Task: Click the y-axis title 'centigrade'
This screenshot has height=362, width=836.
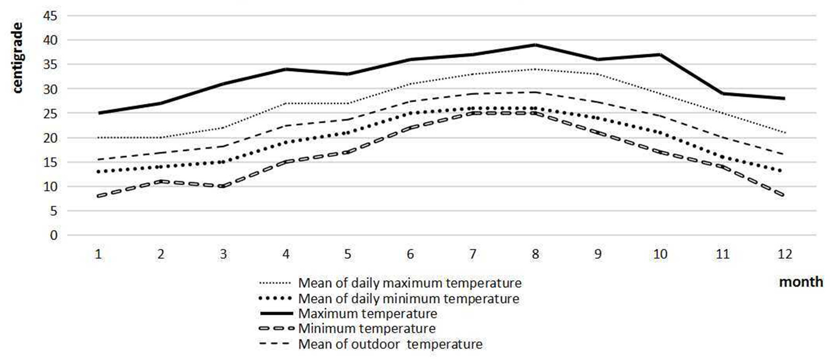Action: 17,58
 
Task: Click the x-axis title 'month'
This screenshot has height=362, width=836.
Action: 801,282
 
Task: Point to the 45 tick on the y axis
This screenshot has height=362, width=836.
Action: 50,16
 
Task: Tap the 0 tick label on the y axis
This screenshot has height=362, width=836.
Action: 53,235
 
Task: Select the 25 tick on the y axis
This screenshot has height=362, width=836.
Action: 50,113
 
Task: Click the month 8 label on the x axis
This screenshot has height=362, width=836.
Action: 535,254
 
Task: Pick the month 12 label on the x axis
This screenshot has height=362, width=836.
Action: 784,254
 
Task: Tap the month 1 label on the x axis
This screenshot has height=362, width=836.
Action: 98,254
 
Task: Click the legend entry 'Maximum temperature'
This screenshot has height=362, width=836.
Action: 368,313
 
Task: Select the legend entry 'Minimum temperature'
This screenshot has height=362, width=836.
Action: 367,328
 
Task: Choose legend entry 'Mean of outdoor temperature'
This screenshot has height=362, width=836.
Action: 390,344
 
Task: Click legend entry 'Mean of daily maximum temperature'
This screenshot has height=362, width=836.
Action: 410,283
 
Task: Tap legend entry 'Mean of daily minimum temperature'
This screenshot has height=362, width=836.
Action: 409,299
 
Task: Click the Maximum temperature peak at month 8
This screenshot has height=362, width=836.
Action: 535,45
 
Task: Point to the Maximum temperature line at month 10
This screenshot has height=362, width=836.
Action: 660,55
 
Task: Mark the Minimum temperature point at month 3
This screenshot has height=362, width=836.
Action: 223,186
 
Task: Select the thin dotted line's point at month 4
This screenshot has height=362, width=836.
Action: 285,103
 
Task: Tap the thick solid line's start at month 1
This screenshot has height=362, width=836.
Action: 98,113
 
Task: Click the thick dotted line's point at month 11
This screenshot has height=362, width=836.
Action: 722,157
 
